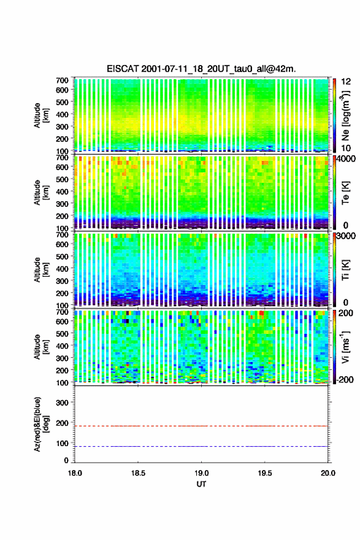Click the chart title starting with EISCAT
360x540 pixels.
click(x=201, y=69)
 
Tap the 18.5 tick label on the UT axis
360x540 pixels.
click(x=138, y=473)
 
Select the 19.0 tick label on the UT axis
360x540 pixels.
click(x=201, y=473)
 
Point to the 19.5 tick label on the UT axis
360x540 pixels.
click(x=265, y=473)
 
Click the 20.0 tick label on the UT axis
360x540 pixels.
click(x=328, y=473)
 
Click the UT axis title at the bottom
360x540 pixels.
click(x=201, y=484)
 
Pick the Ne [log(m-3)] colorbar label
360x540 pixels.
click(x=345, y=115)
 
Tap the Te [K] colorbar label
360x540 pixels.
click(x=345, y=192)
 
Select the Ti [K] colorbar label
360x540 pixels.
click(x=345, y=269)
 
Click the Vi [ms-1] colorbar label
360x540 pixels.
click(x=345, y=347)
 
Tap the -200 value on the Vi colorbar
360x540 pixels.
click(x=345, y=379)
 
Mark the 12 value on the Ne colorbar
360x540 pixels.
click(x=346, y=82)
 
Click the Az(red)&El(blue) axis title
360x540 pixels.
click(x=40, y=424)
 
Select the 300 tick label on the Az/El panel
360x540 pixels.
click(x=62, y=403)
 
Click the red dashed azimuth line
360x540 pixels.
click(x=201, y=426)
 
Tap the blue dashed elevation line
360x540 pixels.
click(x=201, y=446)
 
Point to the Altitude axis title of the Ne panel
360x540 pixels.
click(x=40, y=115)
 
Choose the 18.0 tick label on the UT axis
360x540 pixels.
click(x=75, y=473)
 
